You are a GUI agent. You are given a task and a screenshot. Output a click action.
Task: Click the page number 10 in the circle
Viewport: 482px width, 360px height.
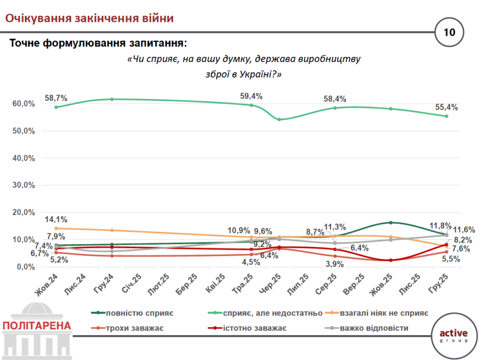coord(449,32)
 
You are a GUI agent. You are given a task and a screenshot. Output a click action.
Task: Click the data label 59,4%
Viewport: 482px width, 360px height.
coord(251,96)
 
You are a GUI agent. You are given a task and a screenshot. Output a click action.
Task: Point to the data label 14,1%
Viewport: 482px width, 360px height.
coord(56,219)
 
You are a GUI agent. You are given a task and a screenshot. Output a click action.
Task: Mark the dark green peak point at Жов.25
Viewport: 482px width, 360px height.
coord(391,223)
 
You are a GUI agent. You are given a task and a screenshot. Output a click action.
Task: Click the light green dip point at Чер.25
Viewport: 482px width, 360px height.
coord(279,120)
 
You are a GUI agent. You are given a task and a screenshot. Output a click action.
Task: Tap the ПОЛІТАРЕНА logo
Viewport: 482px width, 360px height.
coord(37,326)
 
